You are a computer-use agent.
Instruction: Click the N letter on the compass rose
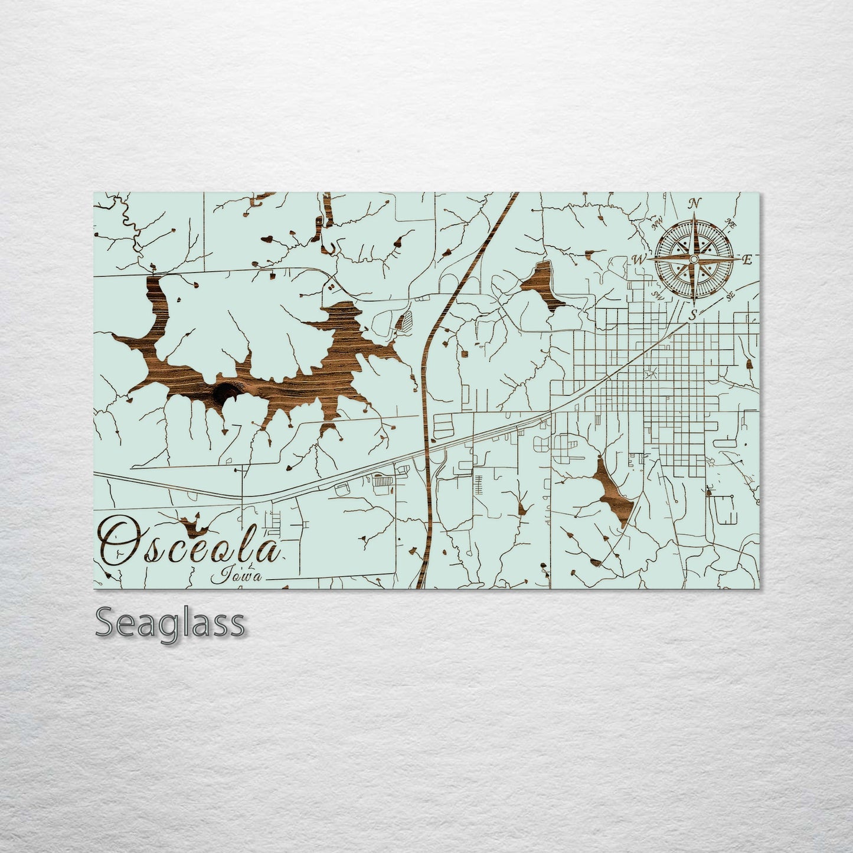pos(695,204)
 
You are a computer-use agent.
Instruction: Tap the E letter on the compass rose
pos(746,260)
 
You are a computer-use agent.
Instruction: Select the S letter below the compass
pos(695,313)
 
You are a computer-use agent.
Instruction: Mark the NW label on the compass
pos(656,225)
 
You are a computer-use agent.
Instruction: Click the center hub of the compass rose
pos(694,259)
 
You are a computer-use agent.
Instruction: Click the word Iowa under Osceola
pos(241,574)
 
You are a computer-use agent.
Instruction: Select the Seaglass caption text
pos(170,623)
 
